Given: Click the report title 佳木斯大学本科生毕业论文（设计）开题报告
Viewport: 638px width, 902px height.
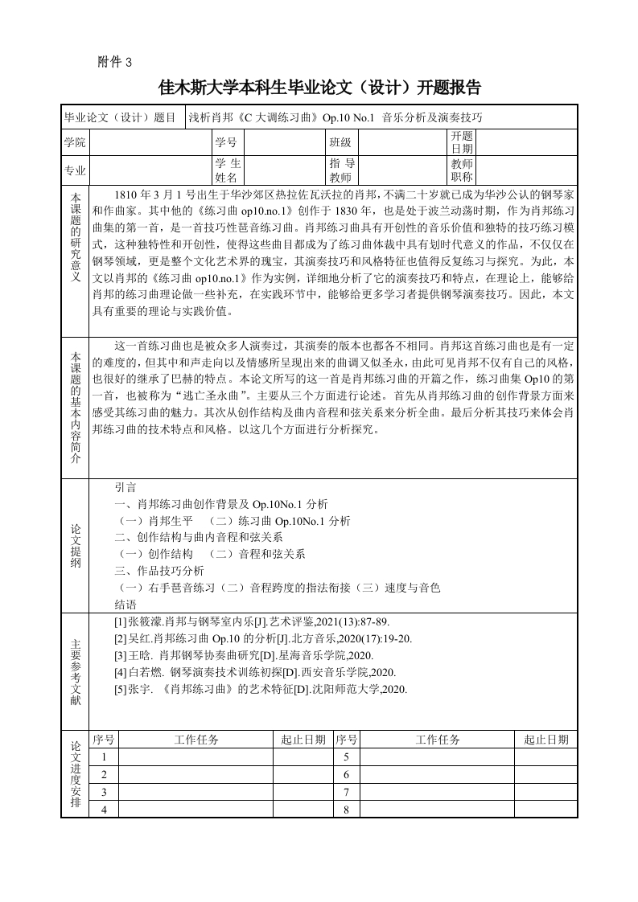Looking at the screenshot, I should (x=319, y=87).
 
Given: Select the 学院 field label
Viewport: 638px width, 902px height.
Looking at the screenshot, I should (x=75, y=142).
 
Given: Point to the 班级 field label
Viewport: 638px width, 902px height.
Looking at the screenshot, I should (x=340, y=142).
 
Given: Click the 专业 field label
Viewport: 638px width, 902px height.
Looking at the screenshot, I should (x=75, y=170).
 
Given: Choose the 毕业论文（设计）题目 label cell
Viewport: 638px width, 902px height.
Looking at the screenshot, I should (x=122, y=117).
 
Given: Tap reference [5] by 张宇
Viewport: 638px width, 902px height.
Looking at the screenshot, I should (x=261, y=689).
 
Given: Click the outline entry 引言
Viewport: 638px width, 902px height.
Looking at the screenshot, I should (x=126, y=487).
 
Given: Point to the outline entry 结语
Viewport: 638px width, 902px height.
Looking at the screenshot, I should (x=126, y=605).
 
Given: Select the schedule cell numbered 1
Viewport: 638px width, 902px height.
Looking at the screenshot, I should (x=104, y=757).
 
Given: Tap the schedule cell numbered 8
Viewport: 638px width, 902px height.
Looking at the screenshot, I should (x=346, y=809).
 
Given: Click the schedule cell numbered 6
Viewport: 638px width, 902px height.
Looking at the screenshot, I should (x=346, y=774).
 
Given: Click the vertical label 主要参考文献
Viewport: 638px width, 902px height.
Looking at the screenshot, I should (x=75, y=673).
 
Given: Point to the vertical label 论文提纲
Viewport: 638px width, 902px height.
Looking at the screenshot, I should (x=75, y=545).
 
